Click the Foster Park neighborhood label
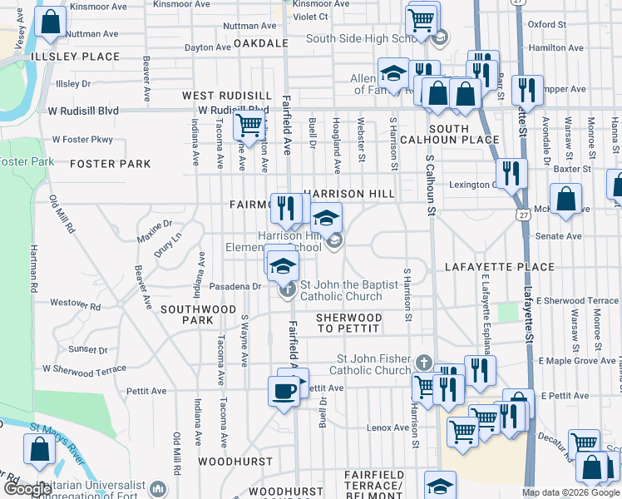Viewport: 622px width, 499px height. [111, 165]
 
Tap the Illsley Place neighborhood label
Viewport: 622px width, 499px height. [64, 57]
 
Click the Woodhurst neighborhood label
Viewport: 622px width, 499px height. [235, 461]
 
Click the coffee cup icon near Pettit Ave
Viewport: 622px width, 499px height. [284, 390]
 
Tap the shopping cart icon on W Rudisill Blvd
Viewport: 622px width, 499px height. [249, 126]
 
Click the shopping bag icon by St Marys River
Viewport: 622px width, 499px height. [39, 449]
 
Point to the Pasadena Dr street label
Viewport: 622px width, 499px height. [235, 286]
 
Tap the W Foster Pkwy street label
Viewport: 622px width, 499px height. [82, 140]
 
